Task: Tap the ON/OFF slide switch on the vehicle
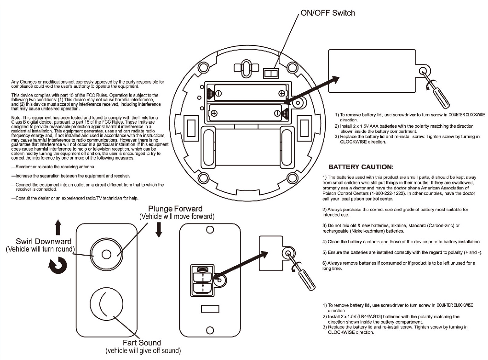tap(271, 73)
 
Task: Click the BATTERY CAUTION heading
tap(361, 167)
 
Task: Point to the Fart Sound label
tap(142, 343)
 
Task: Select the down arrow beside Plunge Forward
tap(159, 229)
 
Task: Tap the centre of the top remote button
tap(106, 254)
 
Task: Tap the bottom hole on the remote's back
tap(210, 329)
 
